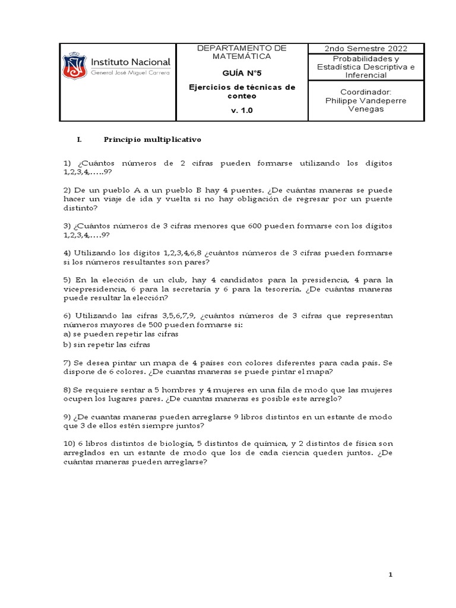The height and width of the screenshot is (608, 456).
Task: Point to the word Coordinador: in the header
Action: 366,92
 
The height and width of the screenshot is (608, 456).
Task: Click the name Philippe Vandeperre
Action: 366,100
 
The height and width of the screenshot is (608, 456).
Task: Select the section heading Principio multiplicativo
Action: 153,140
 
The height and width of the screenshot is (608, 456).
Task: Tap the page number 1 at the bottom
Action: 391,575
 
